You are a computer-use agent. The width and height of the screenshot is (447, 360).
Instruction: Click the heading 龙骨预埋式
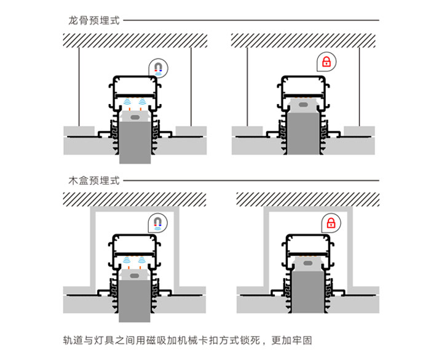pos(93,20)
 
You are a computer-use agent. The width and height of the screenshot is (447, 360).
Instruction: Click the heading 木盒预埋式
pos(93,181)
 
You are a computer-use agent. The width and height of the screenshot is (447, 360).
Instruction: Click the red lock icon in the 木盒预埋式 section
pos(330,222)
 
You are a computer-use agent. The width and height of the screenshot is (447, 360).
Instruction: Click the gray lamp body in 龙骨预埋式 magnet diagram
pos(135,142)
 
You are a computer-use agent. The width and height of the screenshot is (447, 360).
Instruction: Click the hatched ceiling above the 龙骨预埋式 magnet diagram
pos(135,40)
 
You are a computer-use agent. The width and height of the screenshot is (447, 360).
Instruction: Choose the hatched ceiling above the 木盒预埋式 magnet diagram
pos(135,199)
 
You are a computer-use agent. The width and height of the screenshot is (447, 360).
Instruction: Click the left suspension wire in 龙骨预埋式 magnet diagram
pos(79,86)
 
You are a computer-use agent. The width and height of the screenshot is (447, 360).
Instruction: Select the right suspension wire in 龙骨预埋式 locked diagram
pos(358,86)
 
